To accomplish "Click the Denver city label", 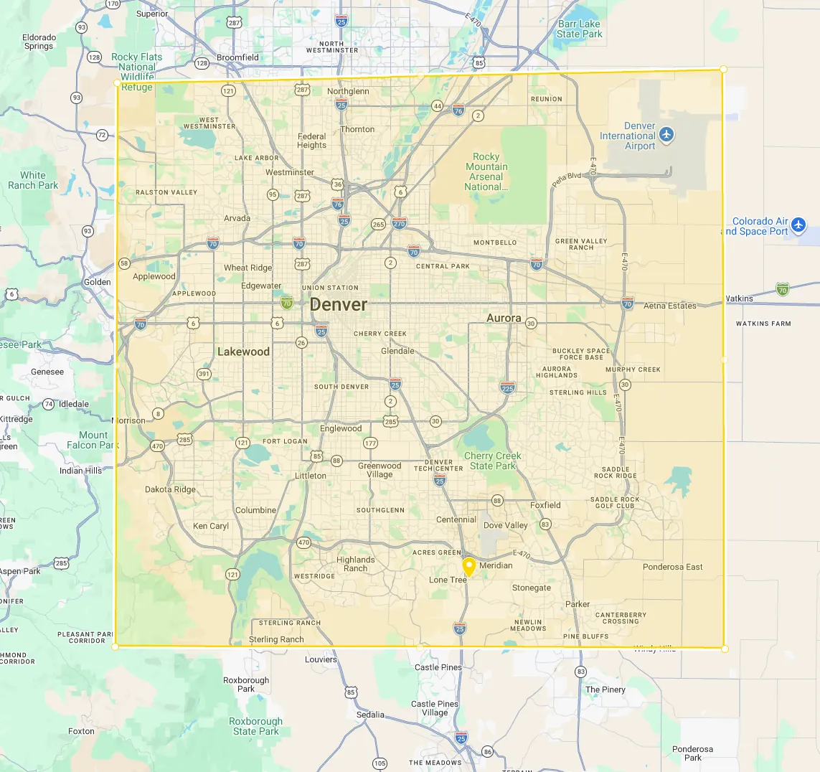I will (339, 305).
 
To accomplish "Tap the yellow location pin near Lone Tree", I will (469, 567).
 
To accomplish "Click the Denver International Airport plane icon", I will (667, 135).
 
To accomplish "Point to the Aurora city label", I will (504, 318).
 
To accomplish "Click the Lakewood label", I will (244, 352).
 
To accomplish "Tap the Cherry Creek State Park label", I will (493, 461).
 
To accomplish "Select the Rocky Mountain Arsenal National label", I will (486, 171).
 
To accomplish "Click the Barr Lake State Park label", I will (580, 29).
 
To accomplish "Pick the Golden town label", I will (98, 282).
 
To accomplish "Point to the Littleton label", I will (311, 476).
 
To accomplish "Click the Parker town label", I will (578, 604).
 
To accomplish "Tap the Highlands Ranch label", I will (356, 564).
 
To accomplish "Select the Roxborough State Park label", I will (256, 726).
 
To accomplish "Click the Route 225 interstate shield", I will (508, 388).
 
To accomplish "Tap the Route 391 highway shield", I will (204, 374).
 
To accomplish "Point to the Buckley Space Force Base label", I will (581, 354).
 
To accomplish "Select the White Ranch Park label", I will (33, 180).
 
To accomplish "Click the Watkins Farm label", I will (763, 324).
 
